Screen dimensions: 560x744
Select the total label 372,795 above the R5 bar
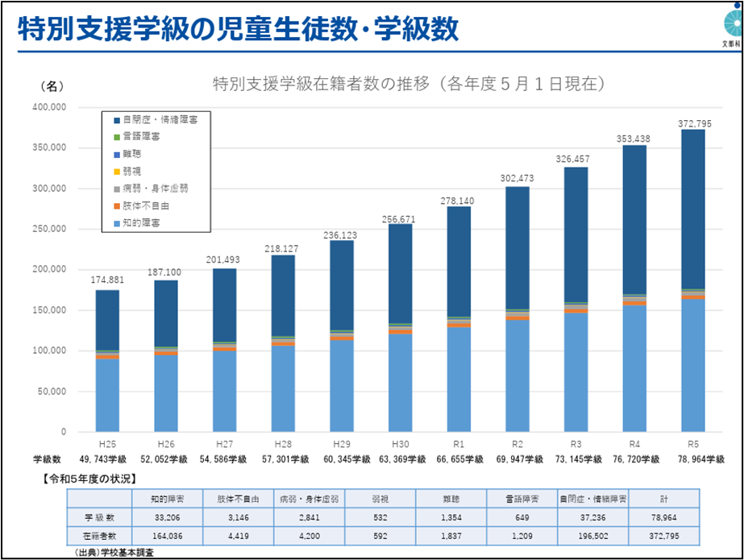click(692, 122)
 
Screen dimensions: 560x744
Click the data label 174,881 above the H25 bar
click(106, 281)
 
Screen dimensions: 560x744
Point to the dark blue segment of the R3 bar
click(576, 234)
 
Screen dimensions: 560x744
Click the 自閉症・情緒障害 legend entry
click(161, 118)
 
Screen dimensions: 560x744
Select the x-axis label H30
click(400, 444)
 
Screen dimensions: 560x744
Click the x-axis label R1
click(458, 444)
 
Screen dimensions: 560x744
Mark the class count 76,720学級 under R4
click(634, 458)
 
